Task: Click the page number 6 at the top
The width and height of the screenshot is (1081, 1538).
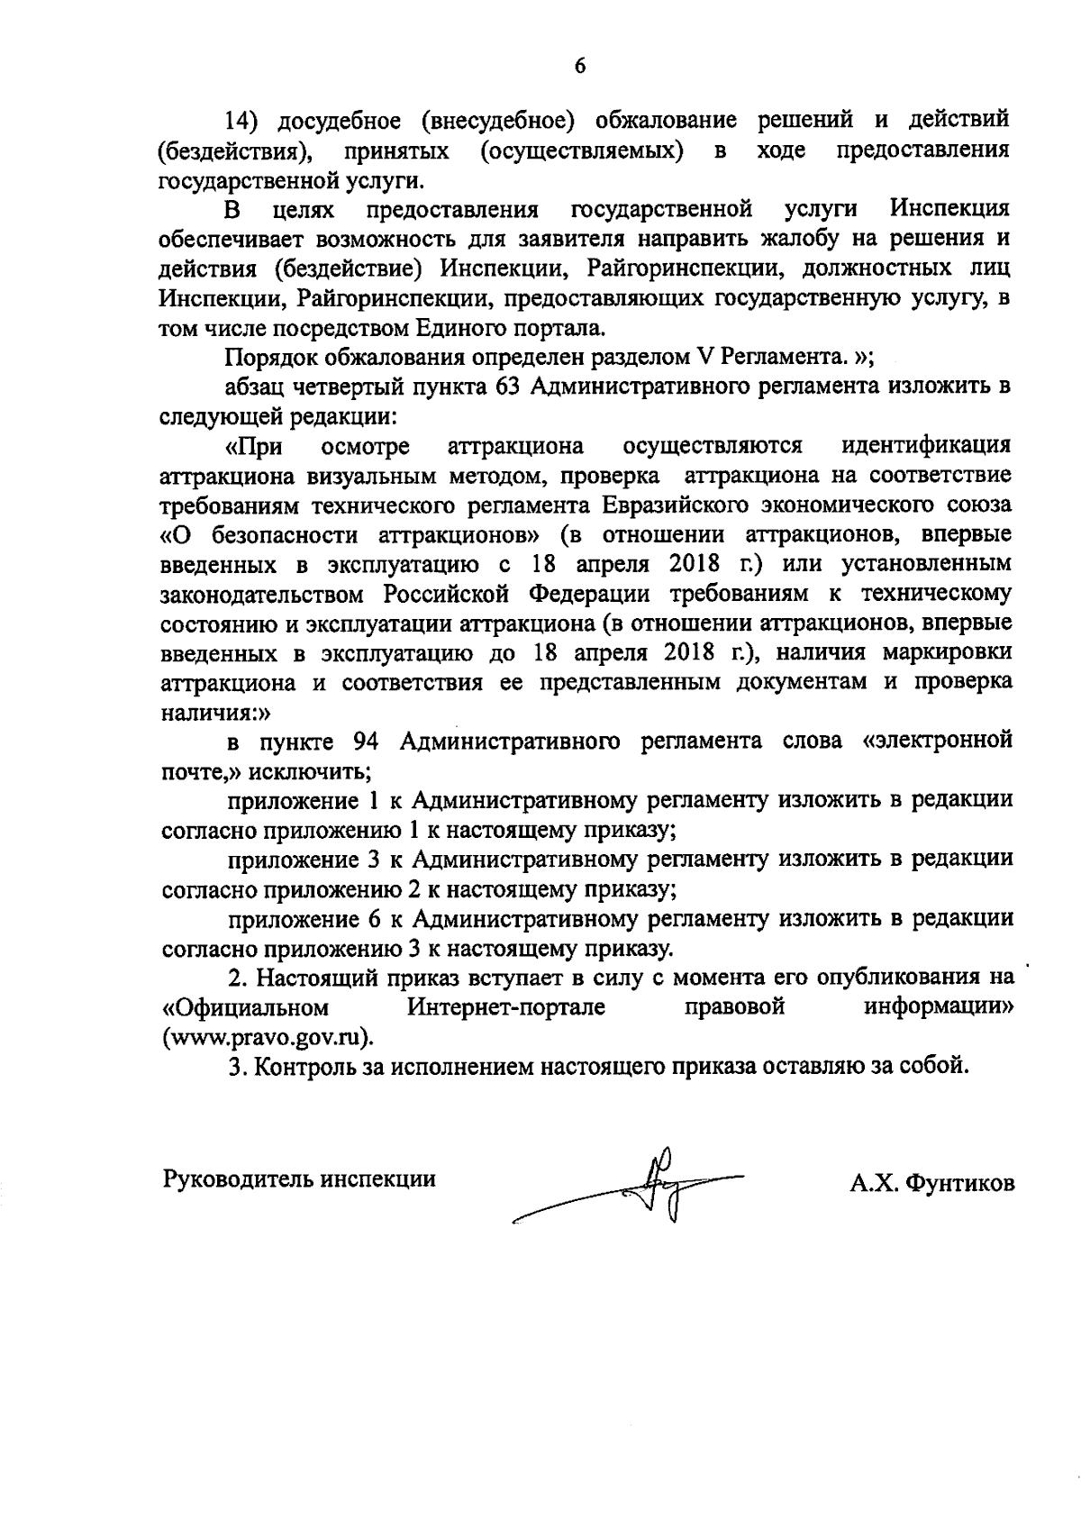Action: tap(579, 65)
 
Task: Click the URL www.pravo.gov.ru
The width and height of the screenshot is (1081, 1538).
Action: tap(268, 1037)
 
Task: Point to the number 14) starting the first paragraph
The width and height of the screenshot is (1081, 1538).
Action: tap(245, 120)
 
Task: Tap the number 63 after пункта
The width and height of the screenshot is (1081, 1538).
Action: tap(506, 387)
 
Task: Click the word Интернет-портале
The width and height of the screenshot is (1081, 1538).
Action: tap(505, 1007)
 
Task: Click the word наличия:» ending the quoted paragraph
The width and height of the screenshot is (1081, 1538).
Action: tap(204, 713)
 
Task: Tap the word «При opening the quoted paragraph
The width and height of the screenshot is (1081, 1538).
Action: tap(253, 447)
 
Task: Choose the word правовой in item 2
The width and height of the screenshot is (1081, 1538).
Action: tap(734, 1007)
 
